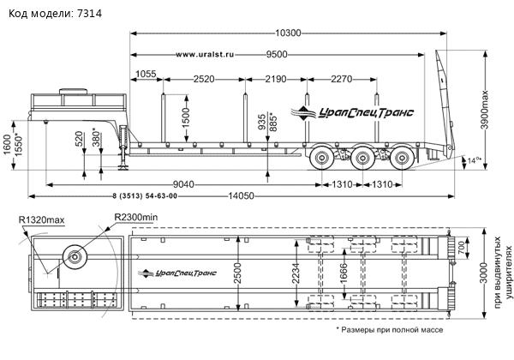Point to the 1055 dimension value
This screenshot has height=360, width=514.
(146, 75)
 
